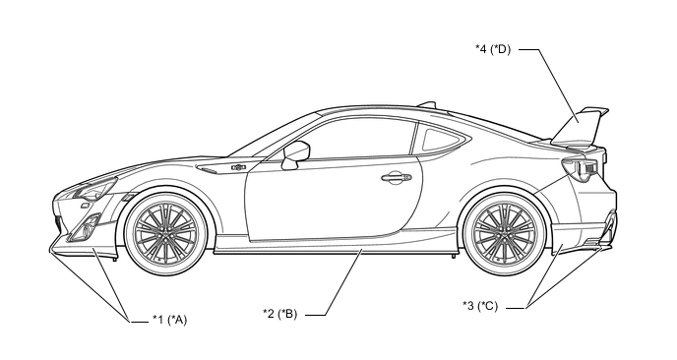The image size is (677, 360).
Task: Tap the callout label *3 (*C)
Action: point(480,306)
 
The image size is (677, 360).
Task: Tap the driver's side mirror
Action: point(293,154)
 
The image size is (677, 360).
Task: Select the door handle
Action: point(396,177)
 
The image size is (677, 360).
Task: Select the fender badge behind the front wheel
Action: point(237,169)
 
